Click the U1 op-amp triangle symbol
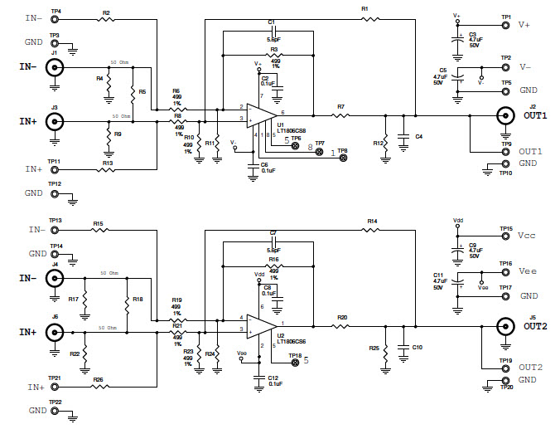coord(264,114)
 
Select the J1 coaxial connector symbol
coord(56,70)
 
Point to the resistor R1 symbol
coord(370,17)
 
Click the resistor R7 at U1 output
coord(340,115)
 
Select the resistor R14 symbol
coord(370,229)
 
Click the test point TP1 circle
coord(506,25)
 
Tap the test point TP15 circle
coord(506,236)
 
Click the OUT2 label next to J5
coord(536,326)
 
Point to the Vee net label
coord(528,271)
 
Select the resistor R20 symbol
coord(340,326)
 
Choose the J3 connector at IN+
coord(56,121)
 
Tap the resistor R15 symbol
coord(99,230)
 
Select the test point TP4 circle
coord(56,18)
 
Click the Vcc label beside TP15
coord(528,236)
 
